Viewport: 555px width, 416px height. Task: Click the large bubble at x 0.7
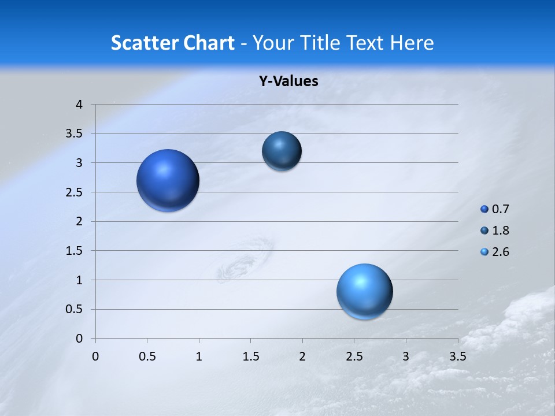168,180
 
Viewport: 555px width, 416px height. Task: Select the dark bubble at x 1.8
282,151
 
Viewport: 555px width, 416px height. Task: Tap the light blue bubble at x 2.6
364,291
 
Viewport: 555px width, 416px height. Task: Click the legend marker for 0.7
484,209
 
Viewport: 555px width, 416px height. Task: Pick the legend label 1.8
500,231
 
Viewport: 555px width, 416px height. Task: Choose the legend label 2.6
500,252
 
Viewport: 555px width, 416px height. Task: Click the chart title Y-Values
288,81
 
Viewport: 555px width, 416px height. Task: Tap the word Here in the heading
412,43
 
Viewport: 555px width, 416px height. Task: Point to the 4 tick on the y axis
79,105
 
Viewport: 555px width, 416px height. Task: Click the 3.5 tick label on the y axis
75,133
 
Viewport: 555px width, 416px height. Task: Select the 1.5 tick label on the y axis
75,251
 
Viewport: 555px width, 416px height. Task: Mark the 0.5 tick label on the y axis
75,309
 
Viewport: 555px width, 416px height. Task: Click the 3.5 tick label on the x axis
457,356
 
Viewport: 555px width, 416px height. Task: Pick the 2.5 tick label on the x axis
354,356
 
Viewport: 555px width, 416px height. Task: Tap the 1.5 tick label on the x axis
250,356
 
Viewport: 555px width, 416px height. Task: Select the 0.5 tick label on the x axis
147,356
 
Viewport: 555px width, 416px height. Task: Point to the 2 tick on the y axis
79,221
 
